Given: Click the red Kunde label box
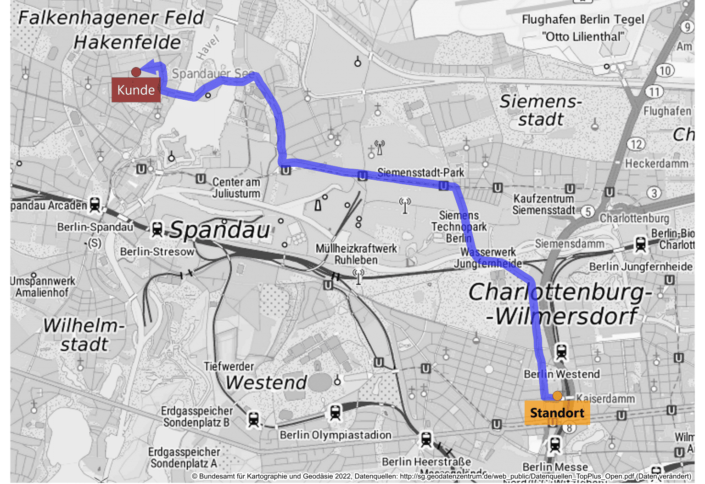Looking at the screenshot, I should click(x=136, y=90).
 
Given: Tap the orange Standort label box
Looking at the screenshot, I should click(x=557, y=413).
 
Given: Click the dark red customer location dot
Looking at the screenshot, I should click(x=136, y=72).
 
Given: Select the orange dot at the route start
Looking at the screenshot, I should click(x=557, y=396).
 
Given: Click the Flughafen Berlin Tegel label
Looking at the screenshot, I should click(x=583, y=28).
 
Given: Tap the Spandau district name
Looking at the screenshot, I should click(x=220, y=230).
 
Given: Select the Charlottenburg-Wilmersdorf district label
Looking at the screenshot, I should click(x=560, y=303).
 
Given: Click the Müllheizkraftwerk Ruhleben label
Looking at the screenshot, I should click(x=356, y=254).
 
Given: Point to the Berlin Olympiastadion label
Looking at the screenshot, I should click(x=336, y=435).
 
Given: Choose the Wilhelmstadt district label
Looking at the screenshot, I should click(x=84, y=335).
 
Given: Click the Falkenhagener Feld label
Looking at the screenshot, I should click(x=111, y=18).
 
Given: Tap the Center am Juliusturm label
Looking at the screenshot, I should click(x=236, y=188).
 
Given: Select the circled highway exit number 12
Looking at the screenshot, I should click(x=636, y=144).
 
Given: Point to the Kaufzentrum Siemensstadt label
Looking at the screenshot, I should click(x=543, y=205).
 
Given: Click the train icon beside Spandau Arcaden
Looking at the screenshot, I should click(x=95, y=204).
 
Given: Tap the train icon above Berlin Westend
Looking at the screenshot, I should click(x=561, y=353).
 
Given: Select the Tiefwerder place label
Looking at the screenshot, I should click(x=229, y=366).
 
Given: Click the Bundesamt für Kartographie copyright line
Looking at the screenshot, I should click(x=441, y=476).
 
